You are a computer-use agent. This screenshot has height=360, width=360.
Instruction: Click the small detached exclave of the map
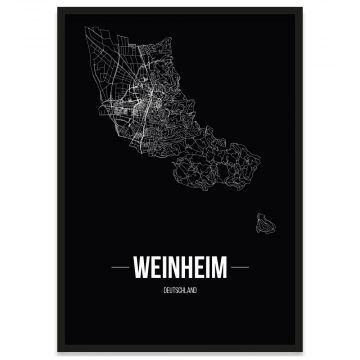click(265, 220)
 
